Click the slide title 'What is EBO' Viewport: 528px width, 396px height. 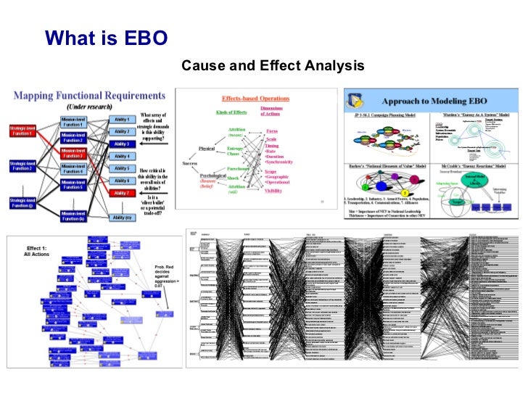point(107,38)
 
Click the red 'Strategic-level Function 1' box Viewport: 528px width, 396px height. point(23,131)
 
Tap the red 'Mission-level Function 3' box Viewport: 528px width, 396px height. point(73,154)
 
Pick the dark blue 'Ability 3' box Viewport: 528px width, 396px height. point(122,144)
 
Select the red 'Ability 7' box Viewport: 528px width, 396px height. point(122,193)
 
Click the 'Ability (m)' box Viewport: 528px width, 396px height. point(122,217)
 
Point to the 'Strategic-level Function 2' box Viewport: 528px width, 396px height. point(23,165)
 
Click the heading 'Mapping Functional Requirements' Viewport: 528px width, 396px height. point(91,95)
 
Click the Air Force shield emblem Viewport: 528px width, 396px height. point(357,99)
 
